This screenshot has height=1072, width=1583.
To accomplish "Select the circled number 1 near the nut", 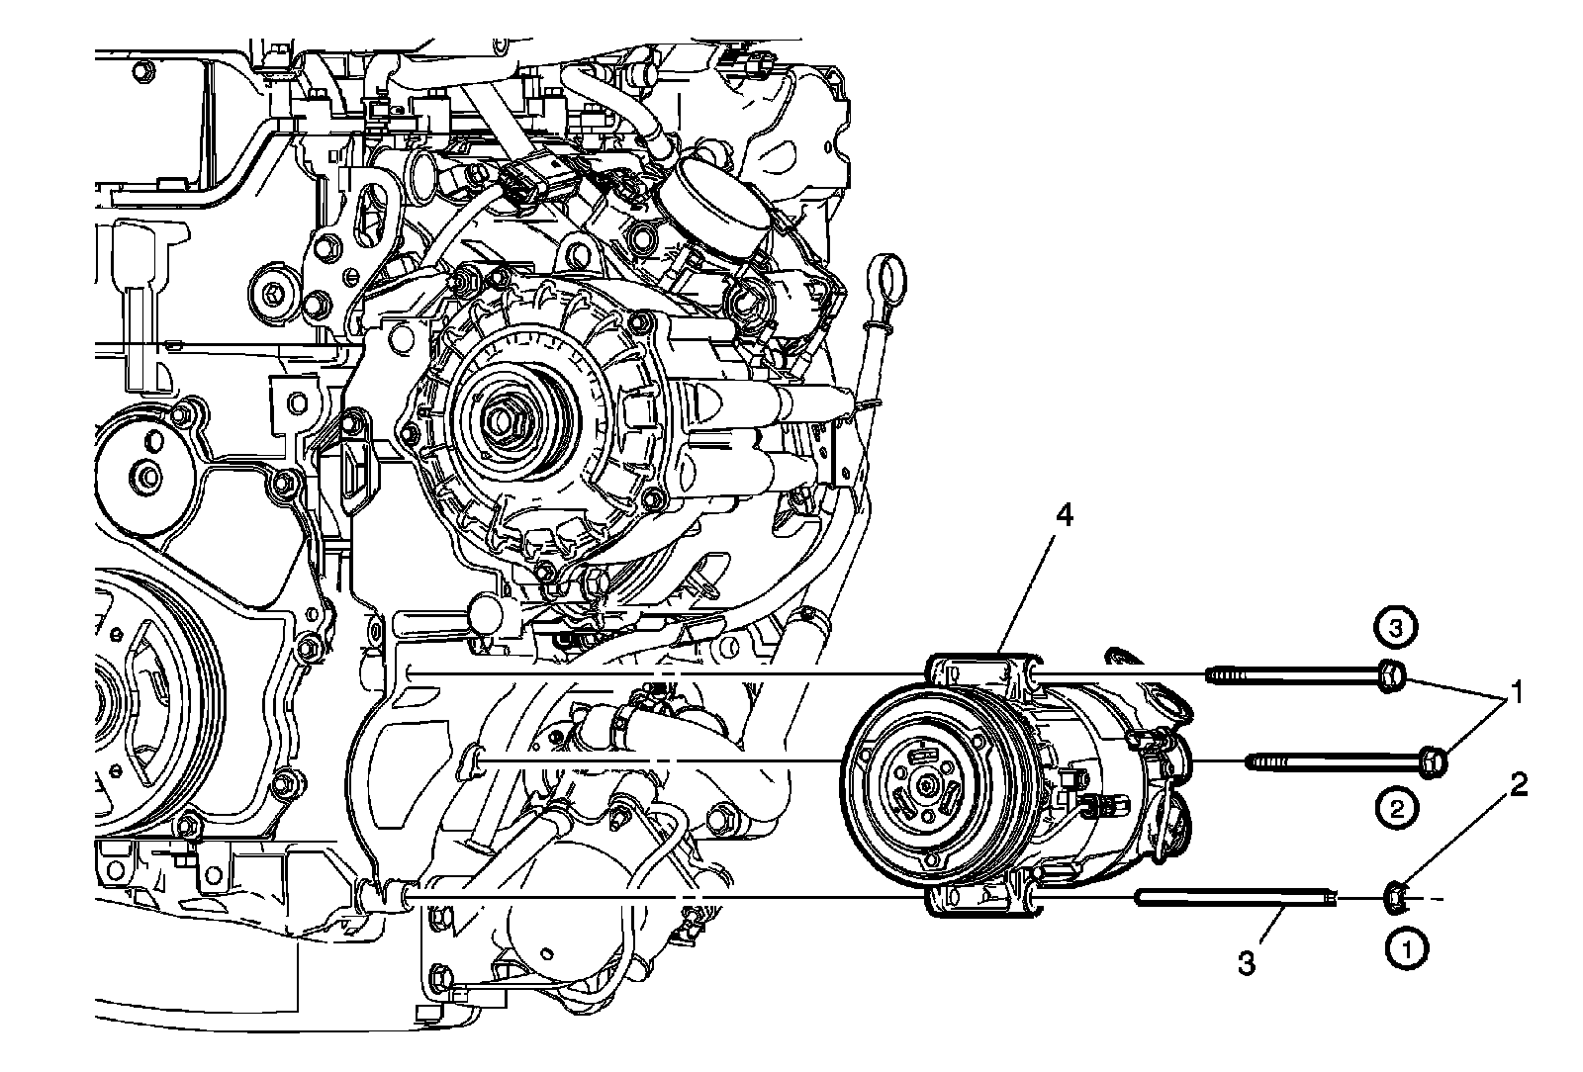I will click(1405, 948).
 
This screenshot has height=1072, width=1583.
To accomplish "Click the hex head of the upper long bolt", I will click(1389, 676).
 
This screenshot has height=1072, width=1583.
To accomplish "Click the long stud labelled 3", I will click(1237, 898).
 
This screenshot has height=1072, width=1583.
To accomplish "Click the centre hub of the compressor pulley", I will click(925, 784).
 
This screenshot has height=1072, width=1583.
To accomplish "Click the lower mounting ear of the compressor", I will click(979, 898).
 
